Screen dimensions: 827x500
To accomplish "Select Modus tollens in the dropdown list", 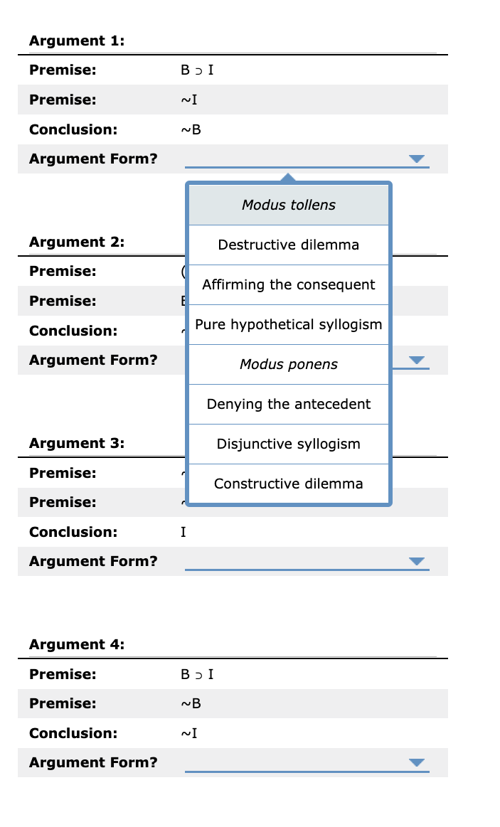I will point(288,205).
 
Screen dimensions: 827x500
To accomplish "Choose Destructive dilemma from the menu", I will point(288,245).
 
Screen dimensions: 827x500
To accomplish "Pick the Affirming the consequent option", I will point(288,284).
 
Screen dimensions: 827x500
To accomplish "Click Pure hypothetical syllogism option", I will point(288,324).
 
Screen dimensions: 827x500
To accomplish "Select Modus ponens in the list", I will point(288,364).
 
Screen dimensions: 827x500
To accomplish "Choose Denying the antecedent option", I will point(288,404).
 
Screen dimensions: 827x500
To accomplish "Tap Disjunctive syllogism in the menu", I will point(288,444).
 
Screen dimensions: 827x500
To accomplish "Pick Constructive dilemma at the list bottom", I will point(288,484).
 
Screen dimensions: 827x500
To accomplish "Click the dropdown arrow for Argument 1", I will point(417,159).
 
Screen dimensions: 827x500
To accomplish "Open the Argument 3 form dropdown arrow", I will point(417,562).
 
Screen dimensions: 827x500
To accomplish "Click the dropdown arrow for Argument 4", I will point(417,763).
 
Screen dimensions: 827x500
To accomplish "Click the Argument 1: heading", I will point(77,41).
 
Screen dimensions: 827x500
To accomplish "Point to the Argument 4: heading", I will point(77,644).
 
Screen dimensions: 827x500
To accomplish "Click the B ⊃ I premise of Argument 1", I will point(197,70).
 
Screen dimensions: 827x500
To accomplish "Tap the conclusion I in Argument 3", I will point(183,532).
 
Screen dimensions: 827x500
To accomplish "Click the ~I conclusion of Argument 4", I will point(189,733).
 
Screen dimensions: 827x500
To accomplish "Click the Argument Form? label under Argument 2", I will point(93,360).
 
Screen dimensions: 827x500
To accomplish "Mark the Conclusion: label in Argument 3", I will point(73,532).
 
